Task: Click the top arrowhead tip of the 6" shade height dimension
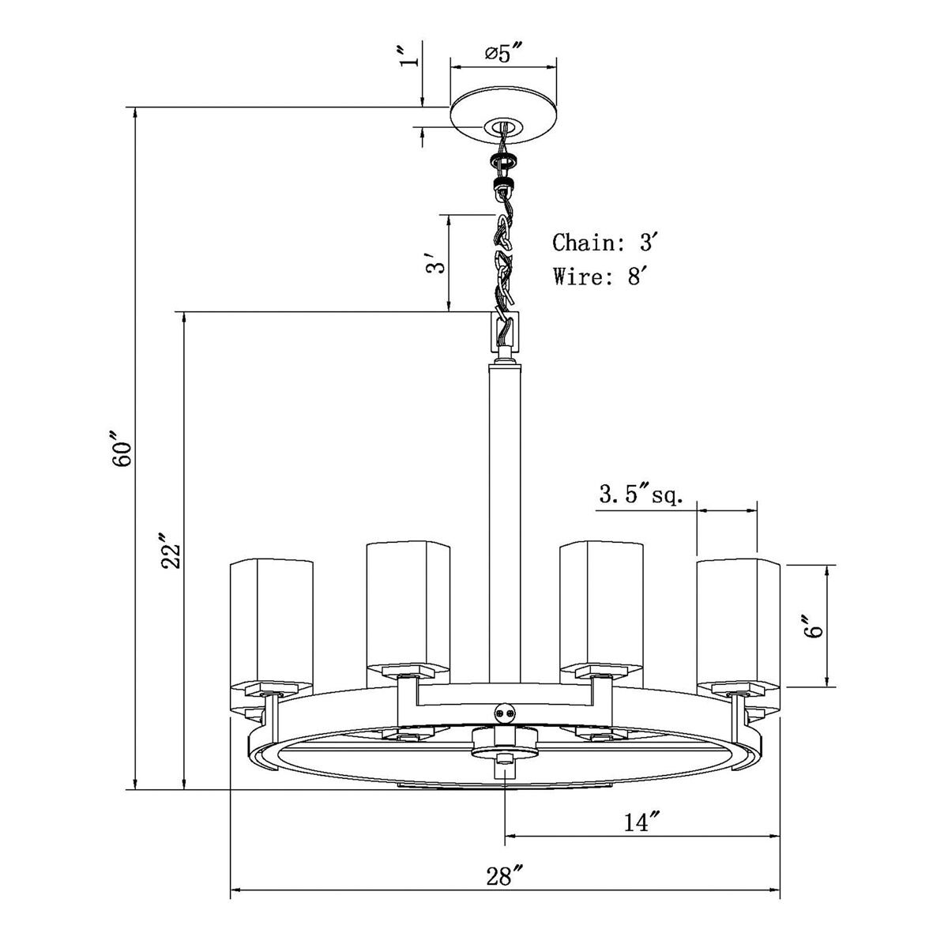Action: coord(828,565)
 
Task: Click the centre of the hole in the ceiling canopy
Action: coord(502,127)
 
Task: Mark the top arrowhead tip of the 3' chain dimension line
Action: coord(449,215)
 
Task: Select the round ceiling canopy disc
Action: coord(503,116)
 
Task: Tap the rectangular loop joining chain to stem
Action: coord(505,332)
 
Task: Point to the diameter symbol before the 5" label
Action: coord(492,53)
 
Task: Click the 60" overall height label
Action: coord(121,450)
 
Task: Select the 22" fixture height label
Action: coord(171,551)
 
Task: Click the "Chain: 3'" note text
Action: coord(605,243)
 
